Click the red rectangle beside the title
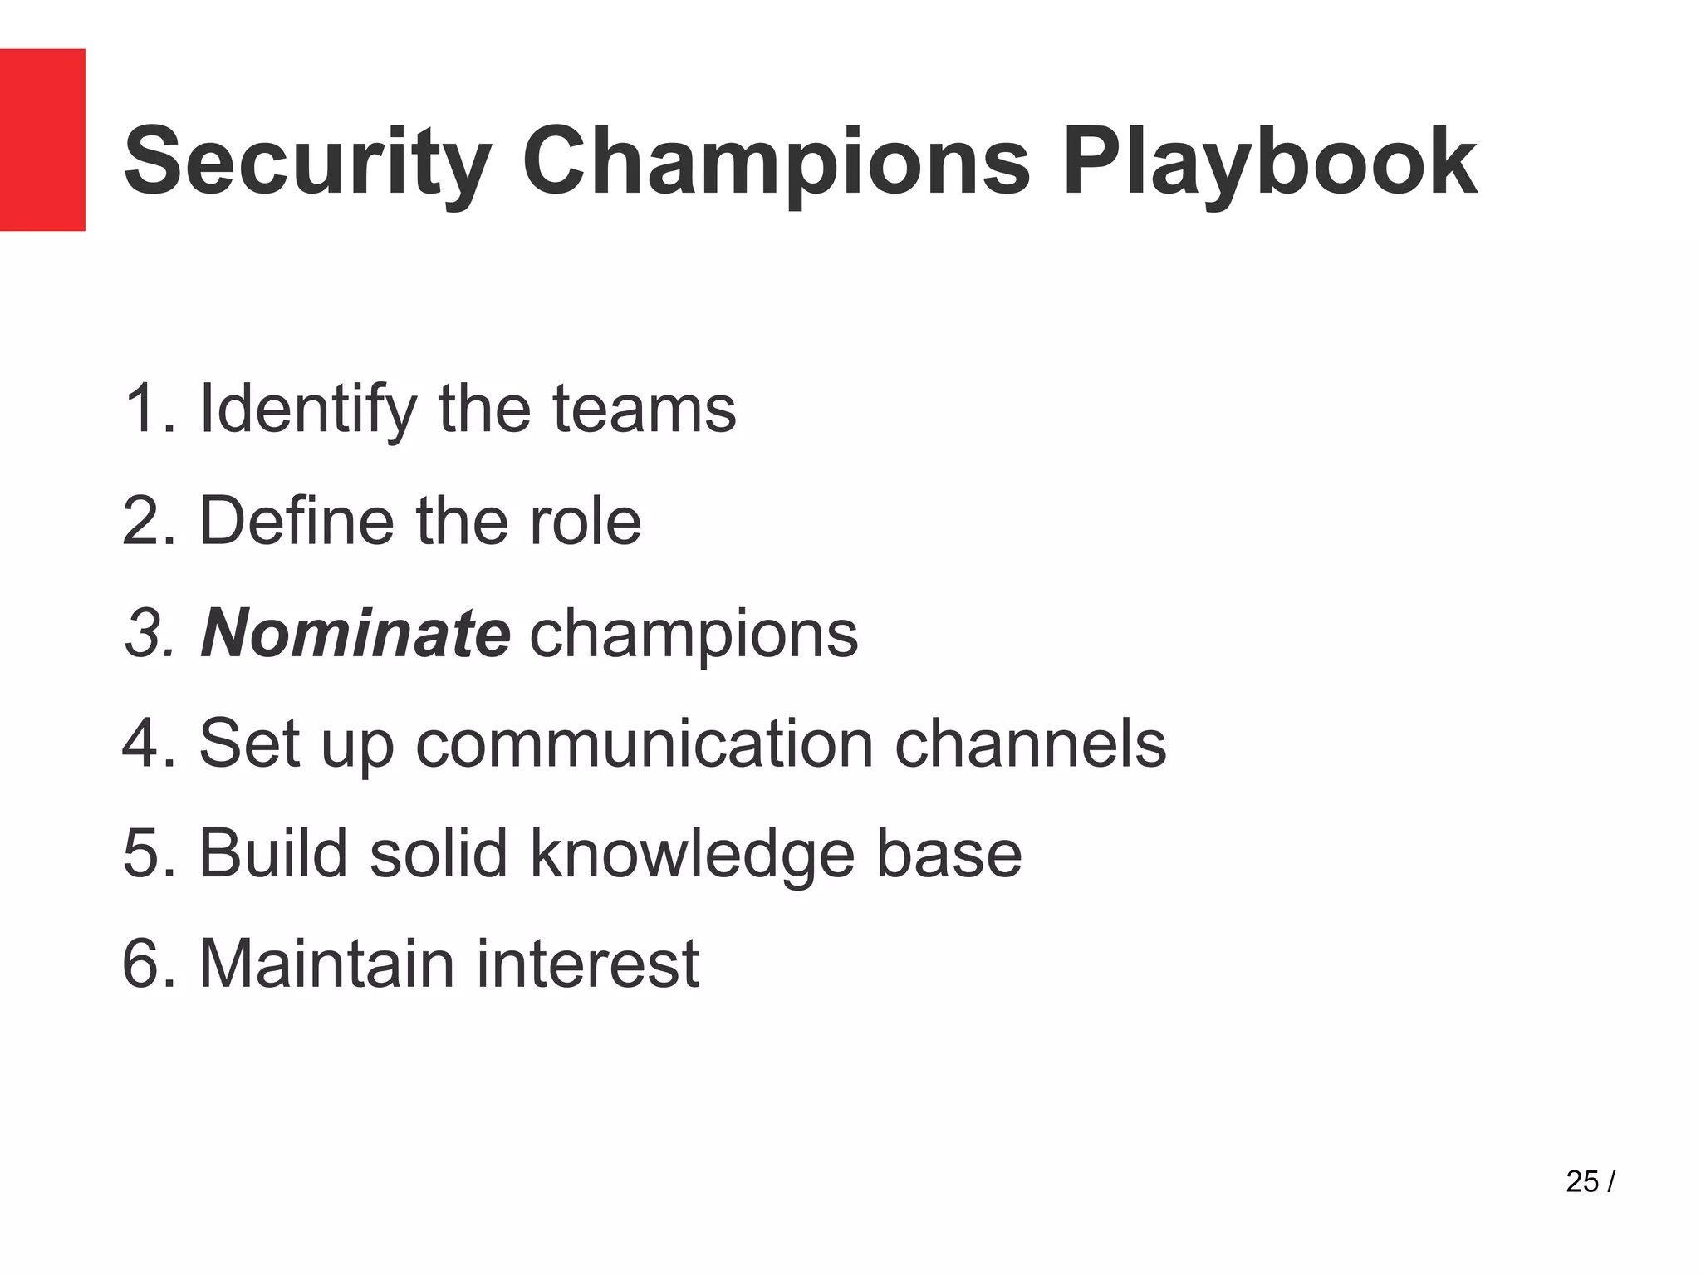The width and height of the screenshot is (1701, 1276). (x=42, y=140)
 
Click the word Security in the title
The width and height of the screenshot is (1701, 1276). (x=307, y=162)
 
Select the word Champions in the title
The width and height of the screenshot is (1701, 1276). (x=776, y=162)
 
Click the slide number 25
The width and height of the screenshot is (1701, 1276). (x=1582, y=1181)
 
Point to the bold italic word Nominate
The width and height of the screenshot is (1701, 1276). (x=355, y=633)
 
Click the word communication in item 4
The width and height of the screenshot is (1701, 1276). (x=645, y=744)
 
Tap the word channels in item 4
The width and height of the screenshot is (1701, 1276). (x=1030, y=744)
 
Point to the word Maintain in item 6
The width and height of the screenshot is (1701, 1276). (x=326, y=964)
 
